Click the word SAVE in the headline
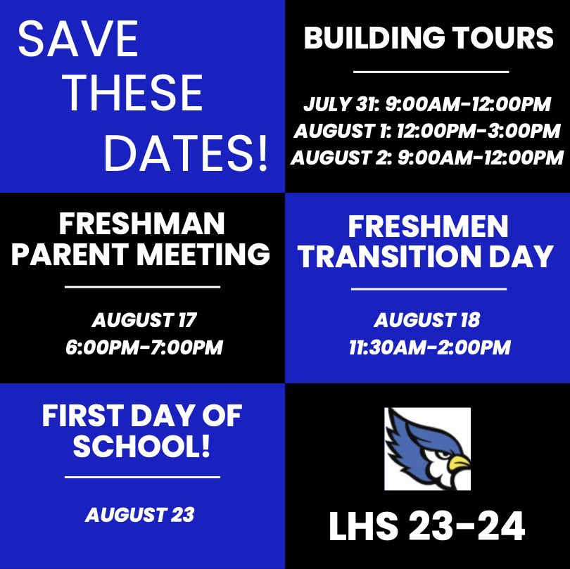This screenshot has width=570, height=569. (x=78, y=39)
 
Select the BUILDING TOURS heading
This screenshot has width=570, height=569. (x=429, y=39)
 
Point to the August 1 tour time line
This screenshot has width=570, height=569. (x=427, y=131)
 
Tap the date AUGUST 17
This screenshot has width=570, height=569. (x=144, y=321)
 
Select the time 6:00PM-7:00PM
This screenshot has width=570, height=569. (x=144, y=347)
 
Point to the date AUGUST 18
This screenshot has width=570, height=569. (x=427, y=321)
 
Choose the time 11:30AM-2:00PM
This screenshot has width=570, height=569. (x=427, y=347)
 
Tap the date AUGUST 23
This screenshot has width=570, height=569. (x=139, y=515)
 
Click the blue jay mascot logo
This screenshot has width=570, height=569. (x=427, y=448)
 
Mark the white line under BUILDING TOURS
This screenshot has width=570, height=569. (x=430, y=72)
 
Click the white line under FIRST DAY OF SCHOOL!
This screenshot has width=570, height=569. (x=142, y=478)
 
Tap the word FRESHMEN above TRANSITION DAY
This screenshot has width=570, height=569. (x=429, y=226)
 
